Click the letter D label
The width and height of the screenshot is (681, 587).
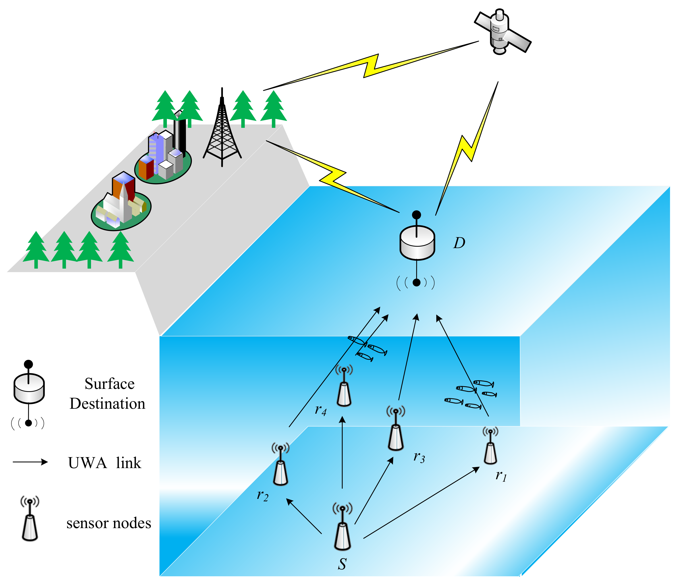[459, 243]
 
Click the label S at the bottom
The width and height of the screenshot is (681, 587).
[342, 564]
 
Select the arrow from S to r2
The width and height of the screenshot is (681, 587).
[304, 516]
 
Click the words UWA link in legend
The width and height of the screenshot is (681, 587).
[104, 463]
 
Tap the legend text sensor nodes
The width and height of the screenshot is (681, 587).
[108, 523]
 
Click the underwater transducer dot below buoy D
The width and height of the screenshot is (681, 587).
[416, 283]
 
